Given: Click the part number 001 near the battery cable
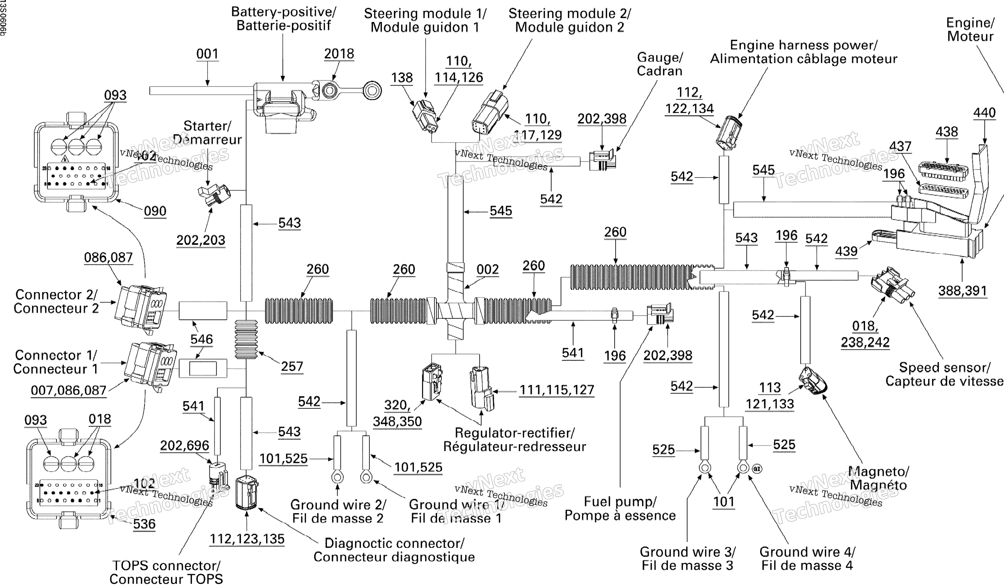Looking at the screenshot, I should pyautogui.click(x=207, y=54).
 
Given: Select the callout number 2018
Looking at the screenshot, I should pyautogui.click(x=339, y=54).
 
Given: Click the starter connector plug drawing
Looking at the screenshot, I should pyautogui.click(x=214, y=194).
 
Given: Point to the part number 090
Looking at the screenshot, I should pyautogui.click(x=155, y=211).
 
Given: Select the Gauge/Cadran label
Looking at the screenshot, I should pyautogui.click(x=660, y=64).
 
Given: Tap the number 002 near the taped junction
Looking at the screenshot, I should pyautogui.click(x=487, y=270).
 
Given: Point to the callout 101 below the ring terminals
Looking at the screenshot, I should pyautogui.click(x=724, y=501).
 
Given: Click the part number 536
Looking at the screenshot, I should pyautogui.click(x=144, y=524).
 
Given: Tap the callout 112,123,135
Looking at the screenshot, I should pyautogui.click(x=247, y=539).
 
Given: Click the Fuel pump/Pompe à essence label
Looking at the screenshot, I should pyautogui.click(x=620, y=509).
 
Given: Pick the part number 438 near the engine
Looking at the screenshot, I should pyautogui.click(x=947, y=132).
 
